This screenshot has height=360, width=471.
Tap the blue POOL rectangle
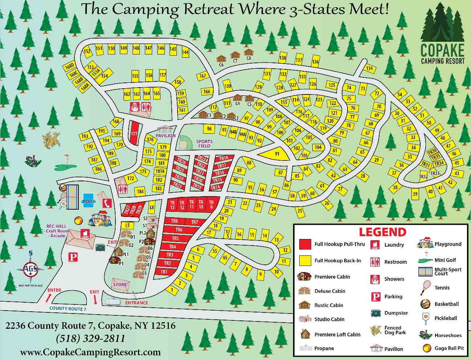[x=89, y=202]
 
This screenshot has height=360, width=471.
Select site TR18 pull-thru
[x=224, y=158]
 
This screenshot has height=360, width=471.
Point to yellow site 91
[x=277, y=154]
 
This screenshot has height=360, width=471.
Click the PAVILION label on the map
[x=166, y=135]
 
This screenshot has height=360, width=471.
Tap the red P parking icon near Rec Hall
[x=73, y=257]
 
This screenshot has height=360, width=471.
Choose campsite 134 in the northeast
[x=369, y=68]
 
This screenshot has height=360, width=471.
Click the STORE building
[x=120, y=284]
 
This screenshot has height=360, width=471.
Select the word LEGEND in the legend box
[x=382, y=232]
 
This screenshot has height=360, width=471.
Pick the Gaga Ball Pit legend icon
[x=427, y=348]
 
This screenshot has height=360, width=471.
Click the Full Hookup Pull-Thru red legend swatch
[x=305, y=244]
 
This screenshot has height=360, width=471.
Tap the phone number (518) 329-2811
[x=90, y=339]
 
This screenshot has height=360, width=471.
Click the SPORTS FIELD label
[x=204, y=143]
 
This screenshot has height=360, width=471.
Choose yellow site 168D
[x=69, y=67]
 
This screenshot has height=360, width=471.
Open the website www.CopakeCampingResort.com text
[x=90, y=352]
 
